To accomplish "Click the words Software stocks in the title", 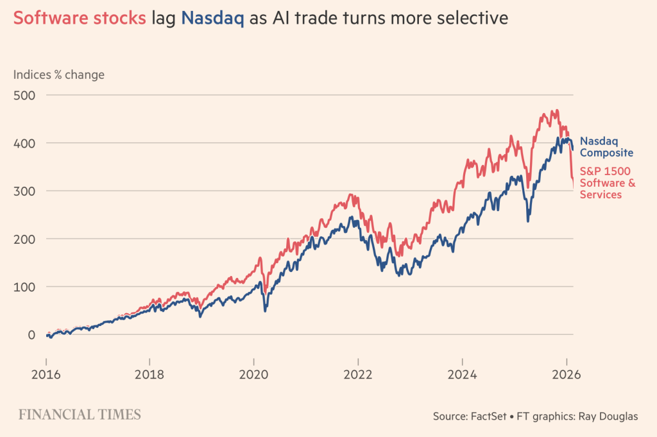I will click(80, 18).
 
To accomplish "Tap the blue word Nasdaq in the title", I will click(212, 18).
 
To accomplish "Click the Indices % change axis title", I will click(59, 75).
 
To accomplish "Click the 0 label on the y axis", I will click(31, 334).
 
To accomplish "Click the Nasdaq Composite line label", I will click(606, 147).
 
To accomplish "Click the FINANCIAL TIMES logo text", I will click(80, 415).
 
